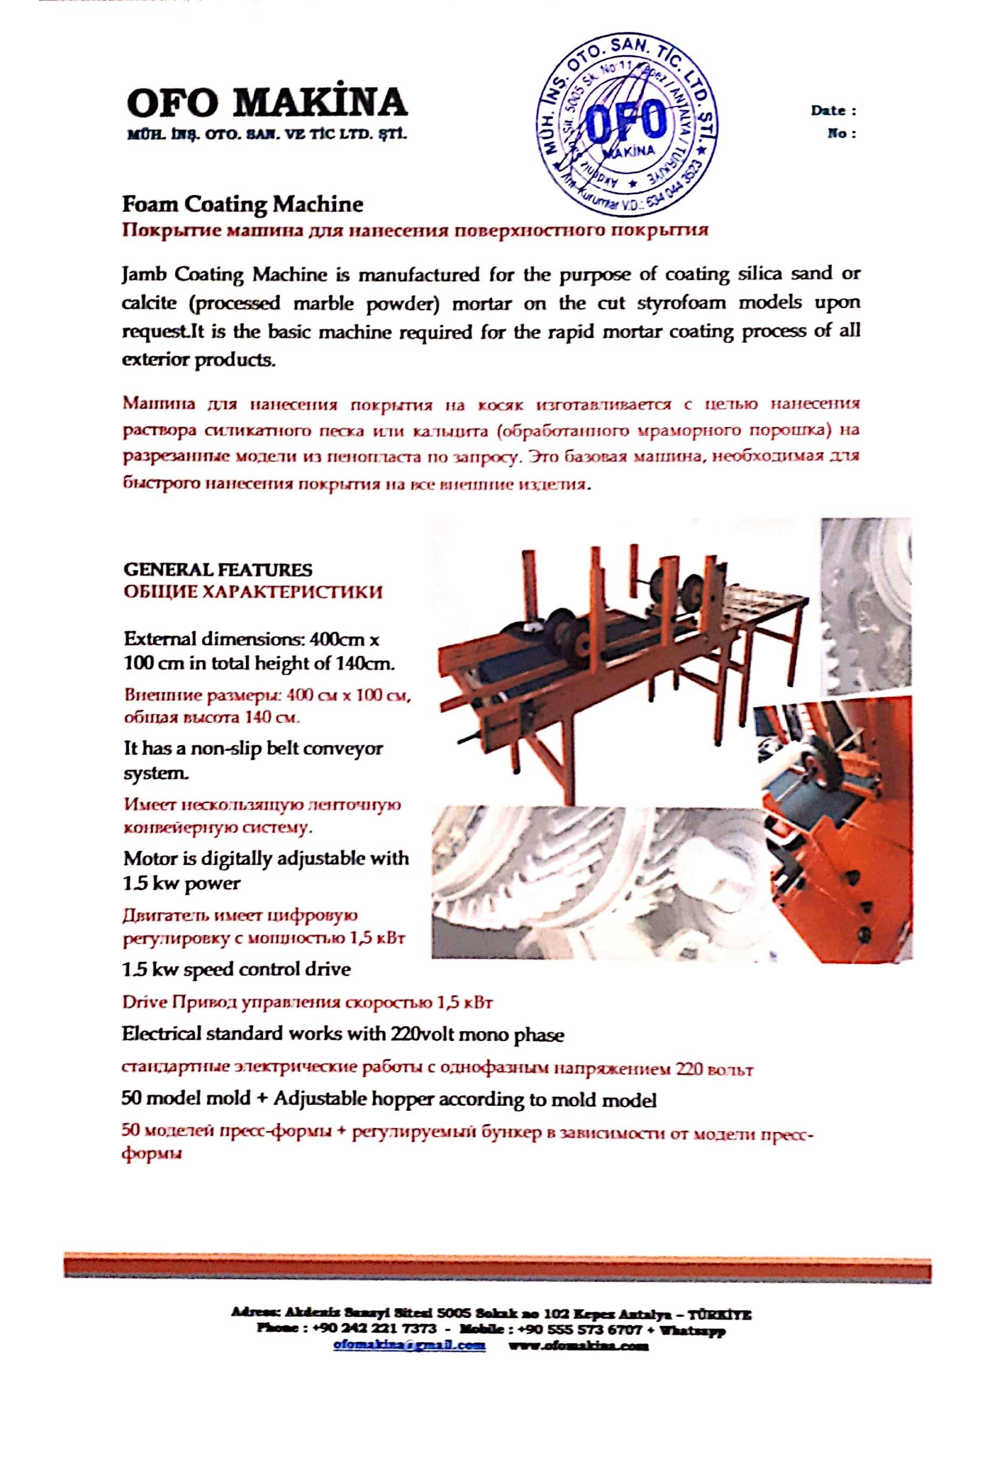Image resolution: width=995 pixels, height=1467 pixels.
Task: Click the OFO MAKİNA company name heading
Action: tap(267, 103)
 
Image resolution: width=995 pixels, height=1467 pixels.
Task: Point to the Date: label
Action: tap(833, 111)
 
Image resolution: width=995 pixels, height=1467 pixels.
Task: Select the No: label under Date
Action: tap(841, 133)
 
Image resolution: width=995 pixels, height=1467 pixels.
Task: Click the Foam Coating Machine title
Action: tap(242, 205)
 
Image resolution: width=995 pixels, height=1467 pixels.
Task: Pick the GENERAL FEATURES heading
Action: tap(217, 570)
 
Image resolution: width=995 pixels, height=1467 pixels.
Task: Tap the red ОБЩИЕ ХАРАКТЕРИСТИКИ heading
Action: tap(253, 592)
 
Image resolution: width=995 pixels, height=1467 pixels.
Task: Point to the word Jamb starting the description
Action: tap(145, 275)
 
